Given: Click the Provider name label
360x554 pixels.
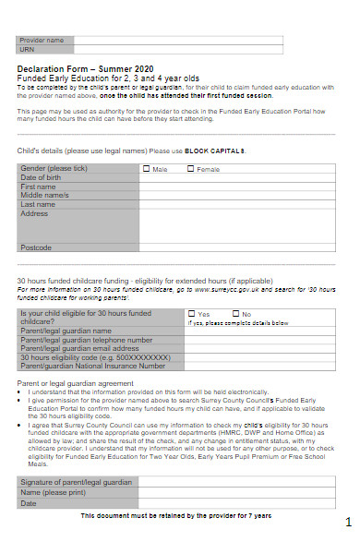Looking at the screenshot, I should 43,40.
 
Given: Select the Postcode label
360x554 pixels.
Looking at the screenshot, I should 36,247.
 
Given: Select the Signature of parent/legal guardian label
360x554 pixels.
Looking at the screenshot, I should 77,483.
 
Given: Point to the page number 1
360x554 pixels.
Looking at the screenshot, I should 348,522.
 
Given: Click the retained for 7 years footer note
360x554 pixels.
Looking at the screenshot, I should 176,514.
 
